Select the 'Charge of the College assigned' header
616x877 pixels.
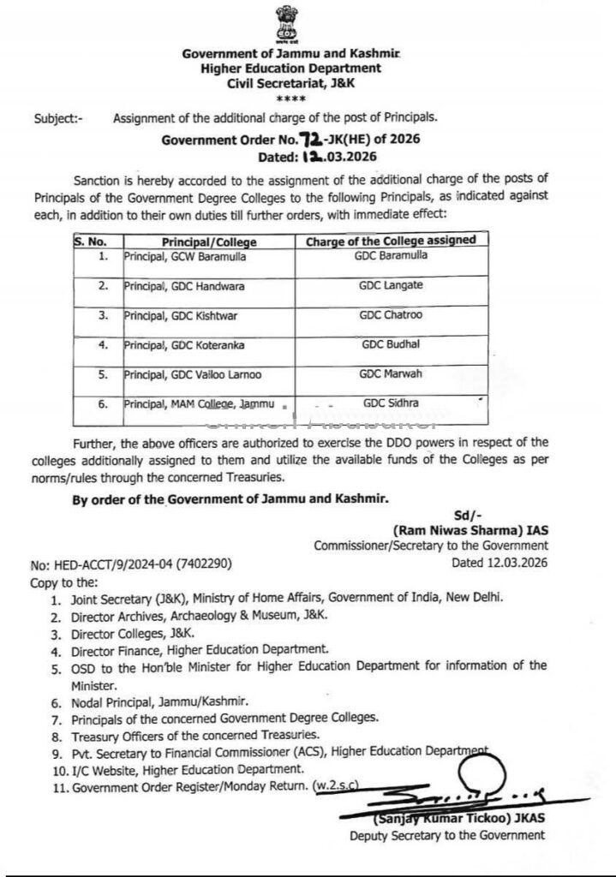tap(391, 241)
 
